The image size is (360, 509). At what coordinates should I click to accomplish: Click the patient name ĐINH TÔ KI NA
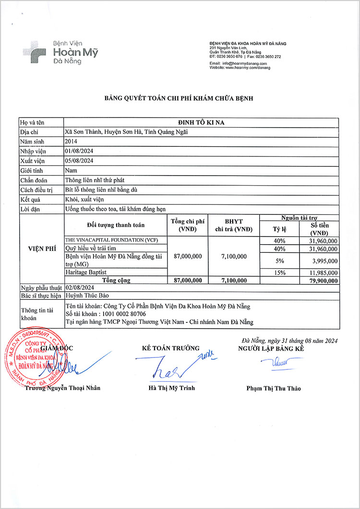[201, 122]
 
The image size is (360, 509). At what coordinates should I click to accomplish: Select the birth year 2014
[71, 142]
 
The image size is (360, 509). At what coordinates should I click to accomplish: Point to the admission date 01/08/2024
[79, 151]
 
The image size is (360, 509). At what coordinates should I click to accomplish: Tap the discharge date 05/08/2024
[79, 161]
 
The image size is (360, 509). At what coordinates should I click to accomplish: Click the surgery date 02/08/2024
[79, 287]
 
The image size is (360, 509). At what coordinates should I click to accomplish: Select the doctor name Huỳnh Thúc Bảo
[85, 297]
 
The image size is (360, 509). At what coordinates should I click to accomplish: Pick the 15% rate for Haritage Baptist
[280, 272]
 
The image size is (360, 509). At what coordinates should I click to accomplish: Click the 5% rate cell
[280, 261]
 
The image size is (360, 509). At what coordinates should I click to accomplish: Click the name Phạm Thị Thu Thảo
[274, 389]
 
